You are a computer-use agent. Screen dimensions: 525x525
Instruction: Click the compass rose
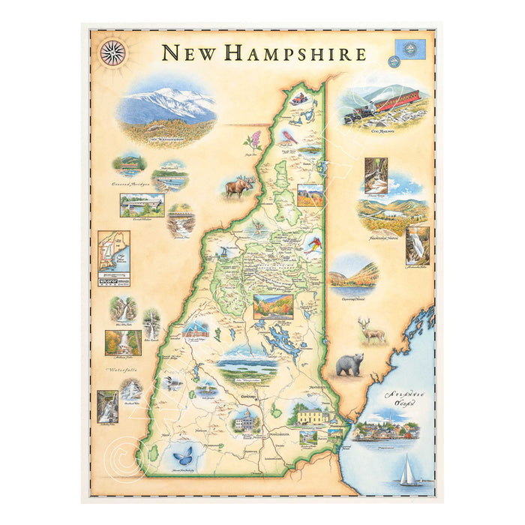pos(112,52)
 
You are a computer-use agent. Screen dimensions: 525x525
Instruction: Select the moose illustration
pos(239,186)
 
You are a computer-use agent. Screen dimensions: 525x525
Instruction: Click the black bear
pos(349,365)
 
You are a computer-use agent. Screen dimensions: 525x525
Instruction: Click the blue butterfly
pos(182,455)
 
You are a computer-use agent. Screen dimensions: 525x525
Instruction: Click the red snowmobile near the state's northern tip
pos(299,98)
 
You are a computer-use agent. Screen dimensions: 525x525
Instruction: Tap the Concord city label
pos(249,395)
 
